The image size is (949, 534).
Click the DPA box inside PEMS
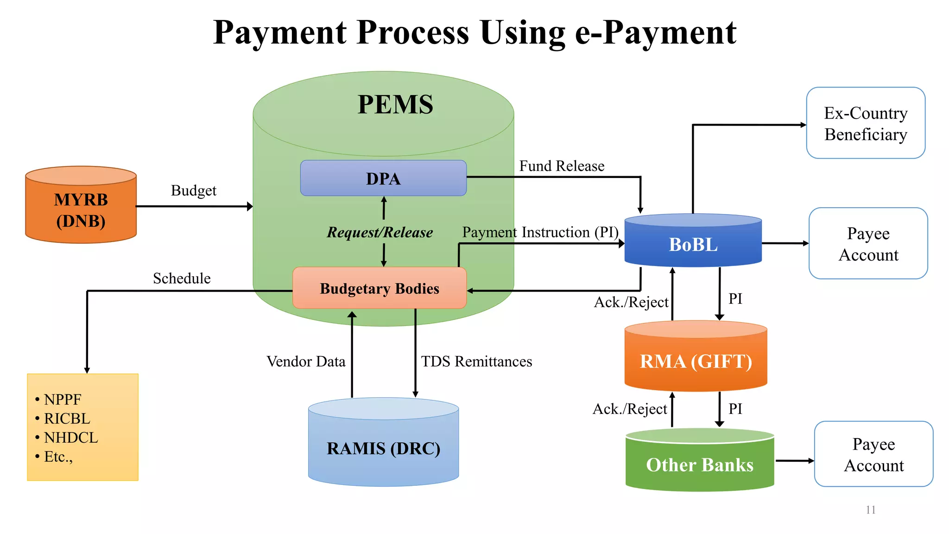click(x=383, y=178)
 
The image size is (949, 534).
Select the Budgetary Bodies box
click(x=379, y=288)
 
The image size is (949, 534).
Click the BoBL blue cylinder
click(x=693, y=244)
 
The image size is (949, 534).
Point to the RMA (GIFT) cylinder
click(x=696, y=361)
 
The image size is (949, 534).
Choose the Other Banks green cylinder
click(x=700, y=464)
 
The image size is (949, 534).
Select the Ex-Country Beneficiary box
click(x=866, y=123)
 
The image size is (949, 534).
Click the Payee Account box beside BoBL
click(x=868, y=244)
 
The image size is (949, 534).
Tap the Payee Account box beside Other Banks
click(x=873, y=454)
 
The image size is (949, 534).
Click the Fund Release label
click(x=562, y=166)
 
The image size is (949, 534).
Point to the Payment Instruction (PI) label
click(x=540, y=232)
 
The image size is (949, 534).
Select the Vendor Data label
click(x=306, y=362)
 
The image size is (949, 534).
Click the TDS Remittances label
click(x=476, y=362)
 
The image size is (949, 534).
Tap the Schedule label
click(x=182, y=279)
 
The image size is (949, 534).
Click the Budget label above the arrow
click(x=193, y=191)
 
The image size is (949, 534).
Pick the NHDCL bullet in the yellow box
click(x=70, y=438)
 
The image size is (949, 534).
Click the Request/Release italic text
click(x=380, y=232)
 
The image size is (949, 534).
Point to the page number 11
click(x=870, y=510)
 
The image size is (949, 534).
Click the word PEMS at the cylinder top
click(x=395, y=104)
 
